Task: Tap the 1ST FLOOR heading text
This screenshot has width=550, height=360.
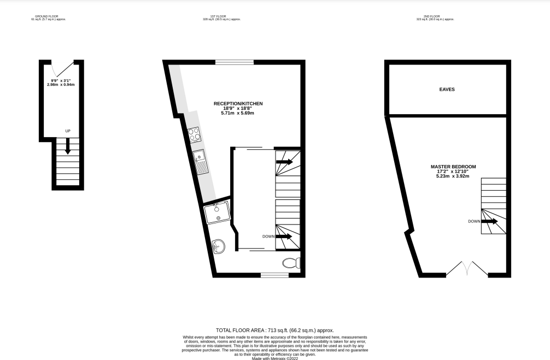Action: [221, 17]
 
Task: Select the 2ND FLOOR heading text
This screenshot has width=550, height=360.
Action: [435, 17]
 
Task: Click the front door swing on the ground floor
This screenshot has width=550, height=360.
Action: [62, 70]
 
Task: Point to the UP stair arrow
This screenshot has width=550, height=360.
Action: [68, 145]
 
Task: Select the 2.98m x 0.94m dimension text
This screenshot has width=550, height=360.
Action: [61, 85]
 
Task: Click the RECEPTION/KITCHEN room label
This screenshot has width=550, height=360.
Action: [238, 103]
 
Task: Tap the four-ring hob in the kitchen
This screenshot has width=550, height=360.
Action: [194, 134]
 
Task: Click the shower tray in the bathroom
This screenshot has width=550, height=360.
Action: [218, 213]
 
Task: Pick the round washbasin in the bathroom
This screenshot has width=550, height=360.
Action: [219, 246]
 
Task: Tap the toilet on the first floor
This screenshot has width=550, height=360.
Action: [291, 263]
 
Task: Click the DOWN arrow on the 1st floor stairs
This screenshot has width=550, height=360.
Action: [284, 237]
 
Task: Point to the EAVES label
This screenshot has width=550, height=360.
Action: [447, 90]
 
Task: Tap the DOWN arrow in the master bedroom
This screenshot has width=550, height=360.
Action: [489, 221]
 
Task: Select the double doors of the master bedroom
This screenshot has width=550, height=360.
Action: [467, 269]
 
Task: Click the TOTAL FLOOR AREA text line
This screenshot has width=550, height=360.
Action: [274, 331]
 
